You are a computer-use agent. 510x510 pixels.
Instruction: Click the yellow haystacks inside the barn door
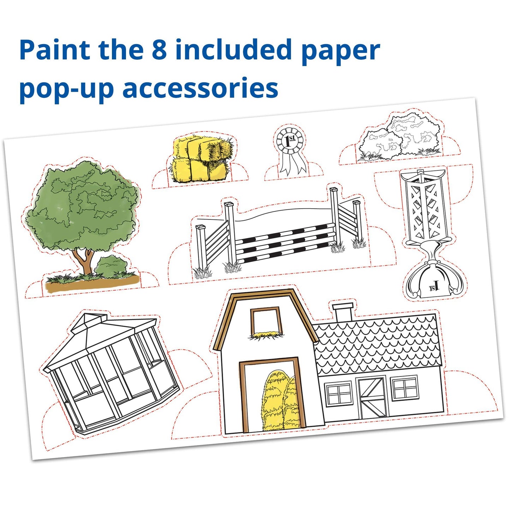pos(281,401)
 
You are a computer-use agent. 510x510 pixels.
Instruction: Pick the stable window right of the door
pos(404,388)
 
